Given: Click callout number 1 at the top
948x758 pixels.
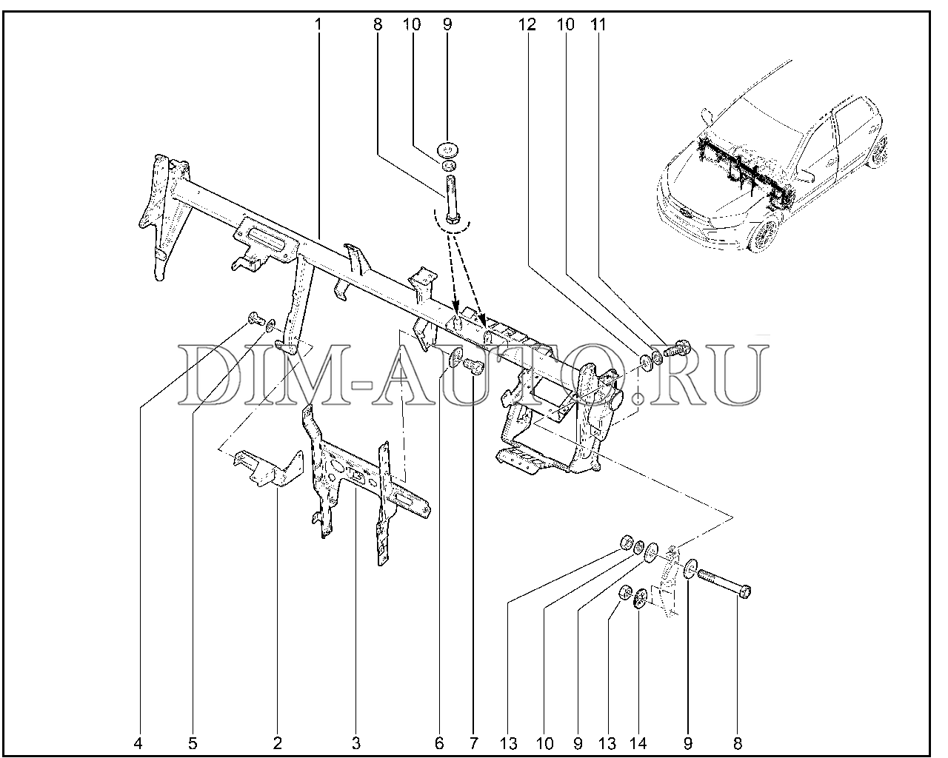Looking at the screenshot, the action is pyautogui.click(x=318, y=24).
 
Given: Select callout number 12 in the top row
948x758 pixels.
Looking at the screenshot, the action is pyautogui.click(x=527, y=24).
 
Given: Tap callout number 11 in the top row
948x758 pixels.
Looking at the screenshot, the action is pyautogui.click(x=598, y=24).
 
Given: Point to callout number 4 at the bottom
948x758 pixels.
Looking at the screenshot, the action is pyautogui.click(x=138, y=743).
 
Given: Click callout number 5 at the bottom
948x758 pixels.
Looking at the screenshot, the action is pyautogui.click(x=193, y=743).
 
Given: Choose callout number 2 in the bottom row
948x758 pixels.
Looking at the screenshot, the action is pyautogui.click(x=277, y=743).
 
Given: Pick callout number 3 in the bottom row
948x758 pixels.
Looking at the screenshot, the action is pyautogui.click(x=356, y=743).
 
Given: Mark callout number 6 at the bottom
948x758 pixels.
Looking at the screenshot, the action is pyautogui.click(x=438, y=743).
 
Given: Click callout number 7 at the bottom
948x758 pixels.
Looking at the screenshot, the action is pyautogui.click(x=473, y=743).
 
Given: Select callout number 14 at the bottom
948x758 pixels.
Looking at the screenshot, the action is pyautogui.click(x=638, y=743).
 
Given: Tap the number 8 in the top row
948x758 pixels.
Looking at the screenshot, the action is pyautogui.click(x=378, y=24).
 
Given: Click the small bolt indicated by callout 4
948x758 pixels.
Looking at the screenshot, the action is pyautogui.click(x=254, y=318).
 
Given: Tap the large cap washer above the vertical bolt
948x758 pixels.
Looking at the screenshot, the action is pyautogui.click(x=447, y=150).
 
